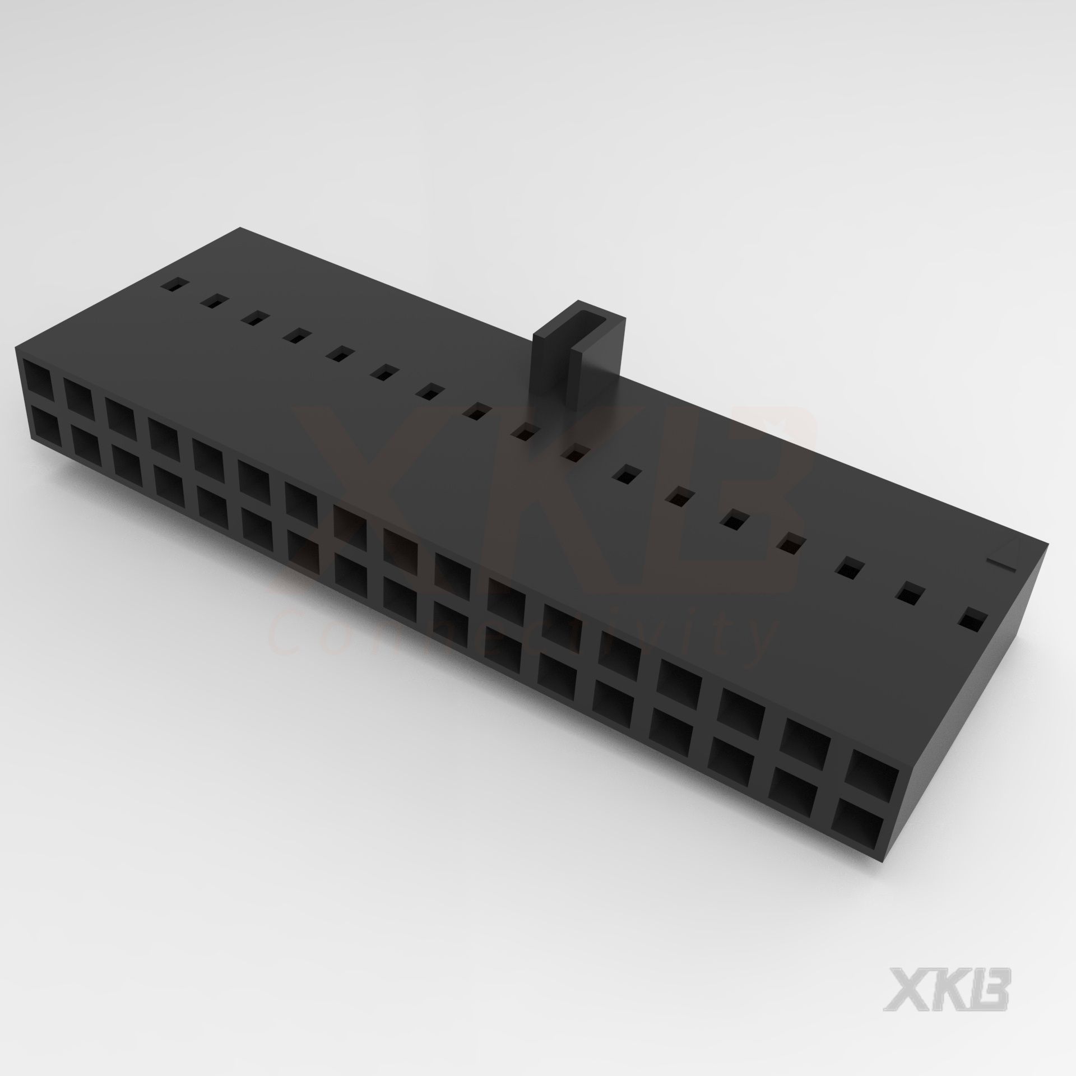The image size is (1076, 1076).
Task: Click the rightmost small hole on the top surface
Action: tap(973, 620)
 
